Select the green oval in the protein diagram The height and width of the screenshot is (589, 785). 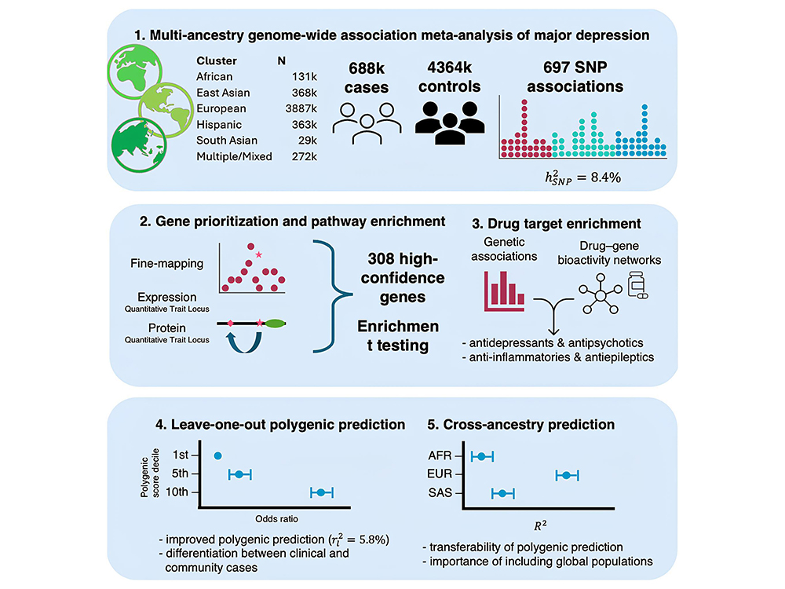point(276,322)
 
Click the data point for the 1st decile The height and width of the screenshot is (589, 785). point(218,455)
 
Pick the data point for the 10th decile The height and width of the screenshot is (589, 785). point(320,492)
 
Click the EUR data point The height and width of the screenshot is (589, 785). point(565,474)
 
